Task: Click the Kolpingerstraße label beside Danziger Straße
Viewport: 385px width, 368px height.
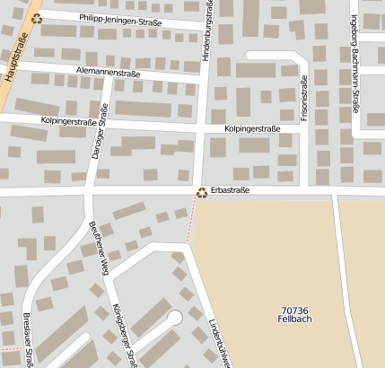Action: click(68, 121)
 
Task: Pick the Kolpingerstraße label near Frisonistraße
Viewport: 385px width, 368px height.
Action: click(252, 128)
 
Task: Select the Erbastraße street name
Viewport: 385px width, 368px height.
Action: click(231, 190)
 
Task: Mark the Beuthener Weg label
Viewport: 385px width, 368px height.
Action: click(96, 247)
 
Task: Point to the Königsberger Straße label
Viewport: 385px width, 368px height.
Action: click(124, 334)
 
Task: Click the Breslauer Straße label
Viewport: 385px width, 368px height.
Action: click(28, 341)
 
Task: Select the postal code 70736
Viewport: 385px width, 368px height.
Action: click(294, 309)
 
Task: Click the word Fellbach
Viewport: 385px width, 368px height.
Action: click(294, 319)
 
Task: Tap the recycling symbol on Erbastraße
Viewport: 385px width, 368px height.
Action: click(203, 191)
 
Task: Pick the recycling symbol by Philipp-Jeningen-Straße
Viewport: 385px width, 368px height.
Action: click(36, 17)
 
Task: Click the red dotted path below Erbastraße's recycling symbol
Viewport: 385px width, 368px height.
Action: click(190, 222)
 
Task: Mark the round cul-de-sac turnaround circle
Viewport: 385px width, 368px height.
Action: click(174, 316)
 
